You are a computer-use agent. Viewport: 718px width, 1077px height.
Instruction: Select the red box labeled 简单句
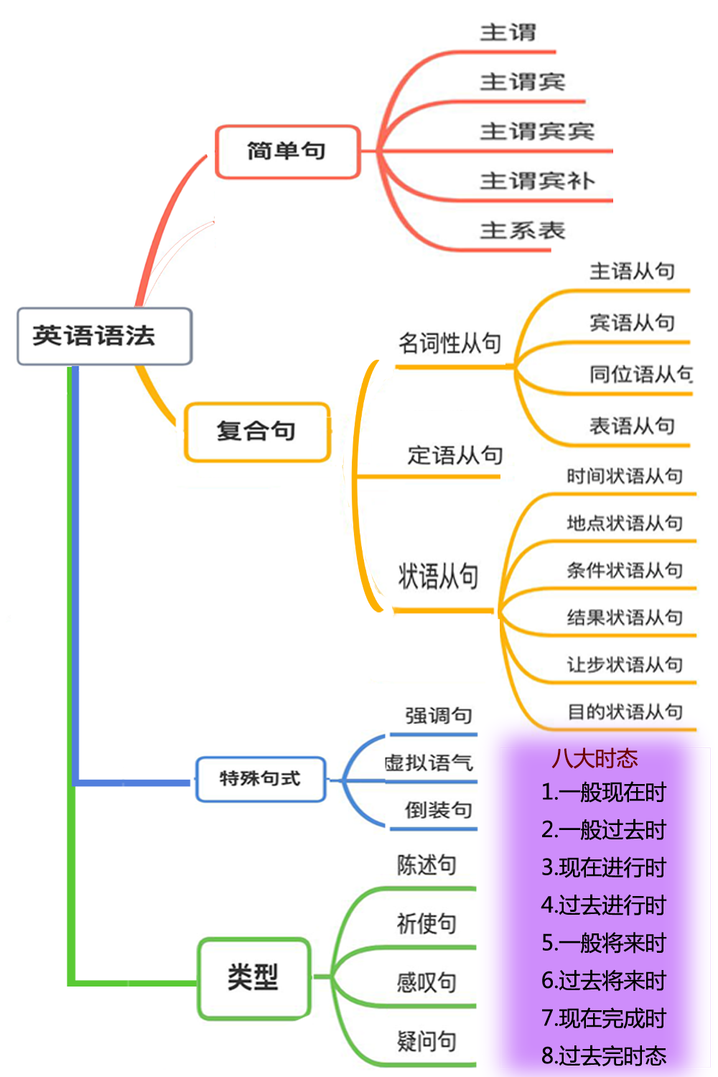[x=287, y=151]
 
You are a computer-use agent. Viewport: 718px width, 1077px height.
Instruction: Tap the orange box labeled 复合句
[x=257, y=432]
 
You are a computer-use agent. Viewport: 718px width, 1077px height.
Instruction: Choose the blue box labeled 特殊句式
[x=260, y=778]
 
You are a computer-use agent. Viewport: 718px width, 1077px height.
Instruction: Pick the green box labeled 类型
[x=253, y=977]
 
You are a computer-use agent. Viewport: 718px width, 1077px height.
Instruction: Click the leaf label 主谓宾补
[x=537, y=181]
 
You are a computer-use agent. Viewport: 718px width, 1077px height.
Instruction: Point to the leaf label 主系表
[x=523, y=230]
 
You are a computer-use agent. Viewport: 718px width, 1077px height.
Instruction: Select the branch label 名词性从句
[x=449, y=343]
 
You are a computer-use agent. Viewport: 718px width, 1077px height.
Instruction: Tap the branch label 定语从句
[x=455, y=455]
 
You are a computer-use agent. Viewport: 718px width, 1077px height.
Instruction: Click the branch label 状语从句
[x=438, y=577]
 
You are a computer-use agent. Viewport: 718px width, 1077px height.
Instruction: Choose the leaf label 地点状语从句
[x=625, y=523]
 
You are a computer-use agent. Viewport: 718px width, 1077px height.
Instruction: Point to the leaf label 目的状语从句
[x=625, y=712]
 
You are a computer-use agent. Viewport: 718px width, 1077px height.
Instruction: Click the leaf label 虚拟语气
[x=429, y=763]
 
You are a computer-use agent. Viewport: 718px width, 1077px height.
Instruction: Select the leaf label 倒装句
[x=438, y=811]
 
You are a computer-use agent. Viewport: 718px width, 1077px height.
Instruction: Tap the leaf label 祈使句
[x=426, y=923]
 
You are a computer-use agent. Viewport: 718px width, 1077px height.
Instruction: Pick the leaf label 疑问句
[x=426, y=1041]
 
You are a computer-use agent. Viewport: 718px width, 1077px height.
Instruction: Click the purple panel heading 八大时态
[x=595, y=759]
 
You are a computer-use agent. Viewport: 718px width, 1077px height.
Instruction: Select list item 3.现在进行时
[x=604, y=867]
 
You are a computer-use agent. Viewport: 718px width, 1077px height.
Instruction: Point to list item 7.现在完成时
[x=604, y=1018]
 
